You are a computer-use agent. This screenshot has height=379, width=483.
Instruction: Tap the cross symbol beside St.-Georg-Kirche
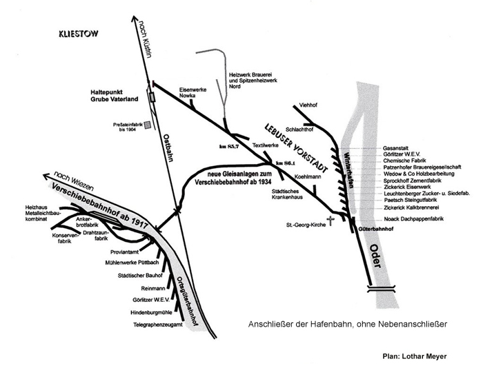pos(331,222)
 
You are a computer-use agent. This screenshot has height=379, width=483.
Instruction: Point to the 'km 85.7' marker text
pos(229,147)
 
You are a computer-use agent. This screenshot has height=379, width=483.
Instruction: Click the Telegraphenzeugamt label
pos(158,324)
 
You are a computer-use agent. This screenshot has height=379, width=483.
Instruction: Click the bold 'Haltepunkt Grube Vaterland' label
pos(116,96)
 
